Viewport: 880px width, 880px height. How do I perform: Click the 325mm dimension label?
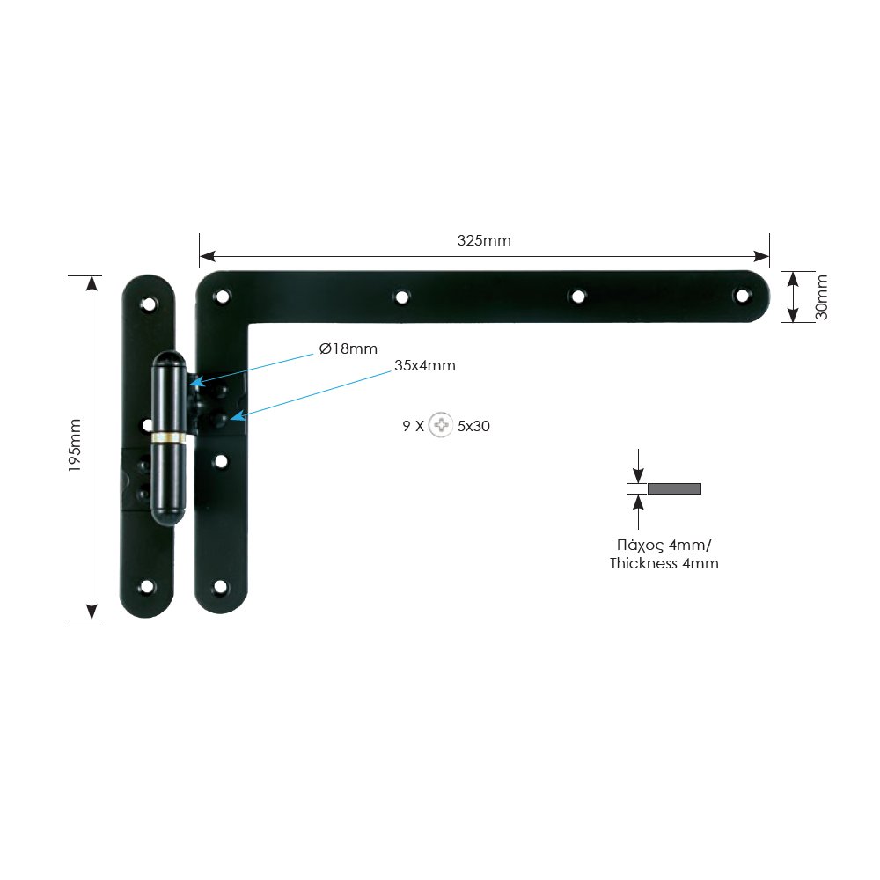coord(484,241)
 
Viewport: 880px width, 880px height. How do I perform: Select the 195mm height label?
coord(75,445)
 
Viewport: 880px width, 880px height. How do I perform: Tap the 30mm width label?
coord(822,297)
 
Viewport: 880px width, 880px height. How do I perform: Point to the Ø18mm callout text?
coord(348,349)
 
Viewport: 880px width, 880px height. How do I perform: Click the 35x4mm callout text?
coord(425,366)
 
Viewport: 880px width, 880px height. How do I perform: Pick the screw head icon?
coord(441,425)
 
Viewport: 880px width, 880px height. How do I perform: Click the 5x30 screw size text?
coord(473,426)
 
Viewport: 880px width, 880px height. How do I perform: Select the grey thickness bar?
coord(675,488)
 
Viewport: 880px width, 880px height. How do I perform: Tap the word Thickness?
coord(644,563)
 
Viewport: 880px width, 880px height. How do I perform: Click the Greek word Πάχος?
coord(641,546)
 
